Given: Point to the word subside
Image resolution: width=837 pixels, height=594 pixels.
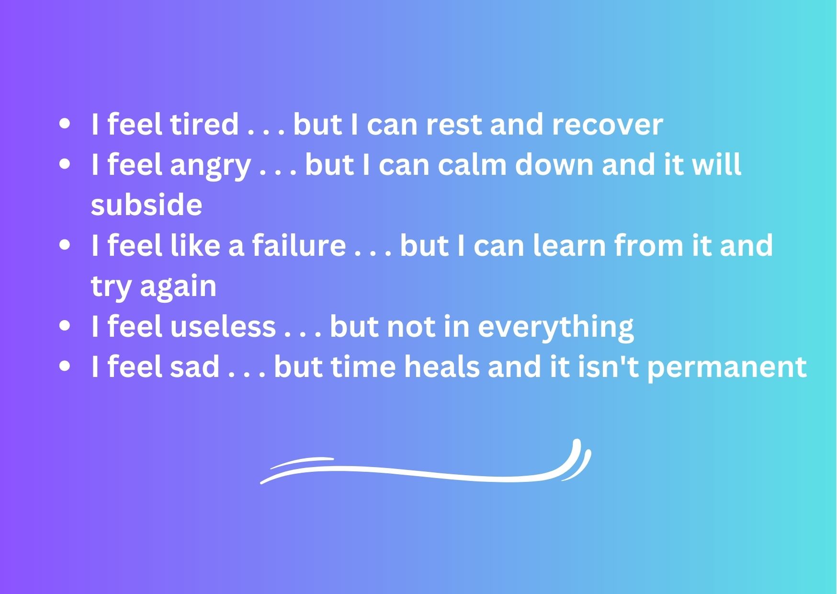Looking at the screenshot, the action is (147, 205).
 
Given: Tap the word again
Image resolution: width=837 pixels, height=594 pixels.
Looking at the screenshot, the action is (178, 288).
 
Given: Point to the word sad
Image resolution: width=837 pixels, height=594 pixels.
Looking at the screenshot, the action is (195, 367).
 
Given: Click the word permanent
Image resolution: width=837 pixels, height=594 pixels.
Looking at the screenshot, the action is (727, 369).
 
